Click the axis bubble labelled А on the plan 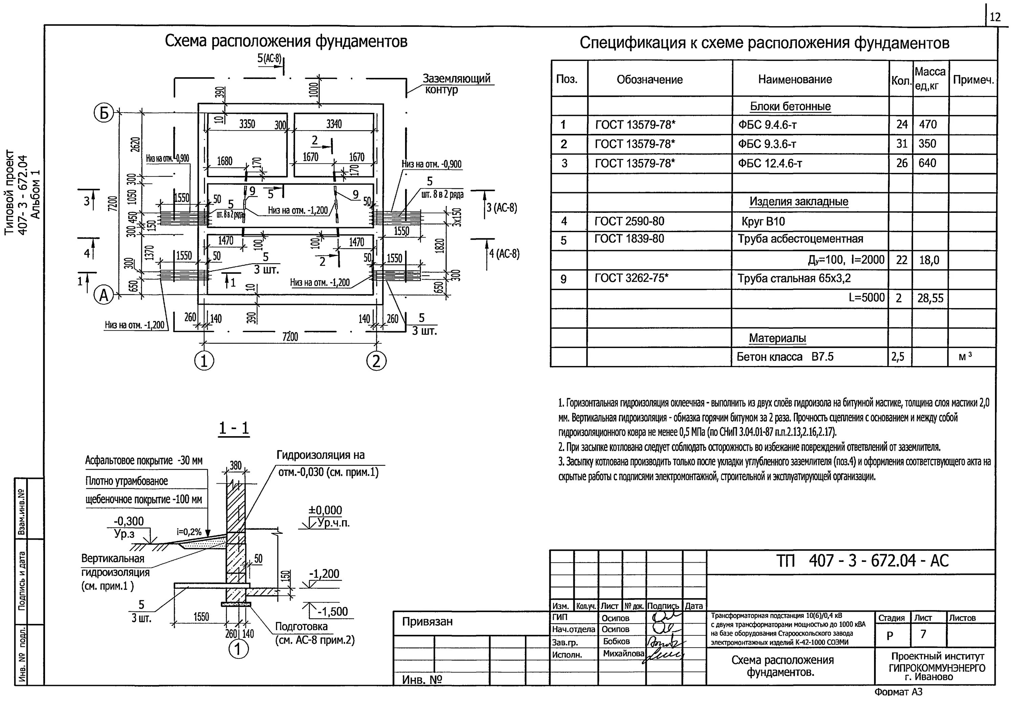click(x=104, y=295)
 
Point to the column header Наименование click(x=795, y=79)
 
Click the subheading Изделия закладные click(x=798, y=201)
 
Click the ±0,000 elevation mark click(x=325, y=510)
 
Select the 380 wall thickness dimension click(x=235, y=465)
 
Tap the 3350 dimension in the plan click(x=247, y=124)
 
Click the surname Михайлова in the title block click(x=623, y=653)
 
